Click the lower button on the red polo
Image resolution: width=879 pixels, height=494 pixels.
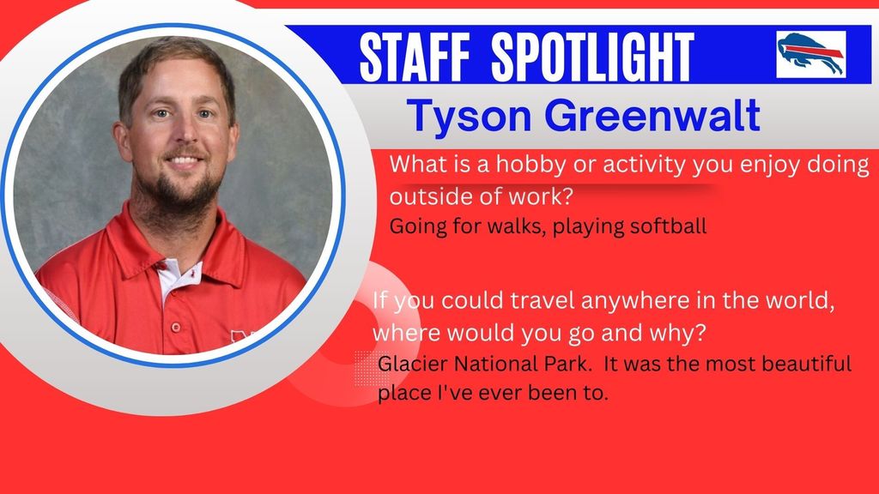tap(175, 327)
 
